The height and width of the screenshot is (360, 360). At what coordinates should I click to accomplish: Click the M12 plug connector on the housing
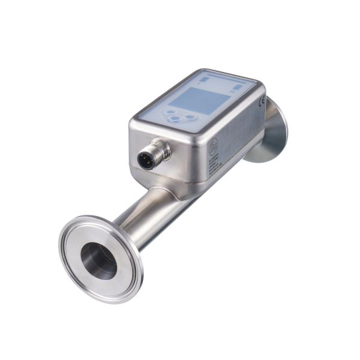click(x=152, y=155)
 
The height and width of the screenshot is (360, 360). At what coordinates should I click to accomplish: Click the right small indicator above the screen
click(x=238, y=87)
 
